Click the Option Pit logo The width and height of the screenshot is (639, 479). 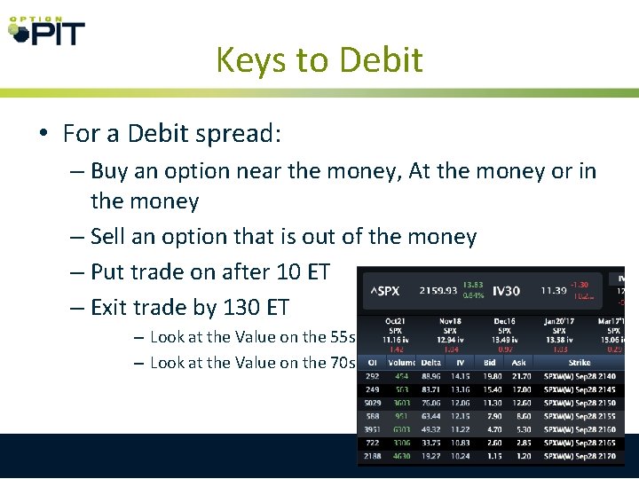[46, 31]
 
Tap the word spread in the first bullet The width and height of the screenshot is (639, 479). [239, 134]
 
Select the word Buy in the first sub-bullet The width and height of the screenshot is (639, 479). [109, 170]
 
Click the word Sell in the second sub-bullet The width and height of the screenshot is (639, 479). [109, 237]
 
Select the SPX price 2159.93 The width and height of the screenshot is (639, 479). [437, 290]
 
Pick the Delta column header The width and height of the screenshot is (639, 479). [430, 362]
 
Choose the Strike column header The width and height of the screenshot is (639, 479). [579, 362]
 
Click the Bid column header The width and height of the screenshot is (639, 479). [491, 362]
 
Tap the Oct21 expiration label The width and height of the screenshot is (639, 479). [395, 321]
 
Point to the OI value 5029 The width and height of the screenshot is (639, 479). [372, 404]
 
